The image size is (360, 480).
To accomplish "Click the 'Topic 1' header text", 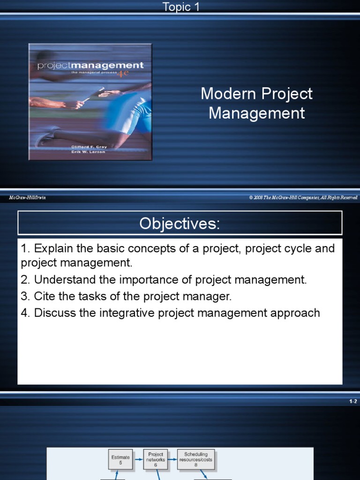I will pyautogui.click(x=180, y=7).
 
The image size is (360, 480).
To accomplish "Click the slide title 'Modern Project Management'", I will pyautogui.click(x=256, y=103).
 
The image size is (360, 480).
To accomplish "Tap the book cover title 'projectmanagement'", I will pyautogui.click(x=90, y=66).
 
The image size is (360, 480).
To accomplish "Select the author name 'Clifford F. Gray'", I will pyautogui.click(x=89, y=147).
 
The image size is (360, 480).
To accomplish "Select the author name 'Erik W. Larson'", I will pyautogui.click(x=89, y=152).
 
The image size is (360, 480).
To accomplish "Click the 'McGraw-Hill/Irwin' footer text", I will pyautogui.click(x=27, y=198).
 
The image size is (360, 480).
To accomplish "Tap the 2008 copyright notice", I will pyautogui.click(x=303, y=198).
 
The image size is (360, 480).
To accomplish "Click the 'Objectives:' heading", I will pyautogui.click(x=180, y=224).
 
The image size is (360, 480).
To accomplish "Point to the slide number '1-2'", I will pyautogui.click(x=353, y=402).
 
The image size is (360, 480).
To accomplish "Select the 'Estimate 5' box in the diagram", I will pyautogui.click(x=120, y=459).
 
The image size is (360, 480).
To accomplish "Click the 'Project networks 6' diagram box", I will pyautogui.click(x=156, y=459).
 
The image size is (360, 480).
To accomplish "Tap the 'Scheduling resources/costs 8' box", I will pyautogui.click(x=196, y=459).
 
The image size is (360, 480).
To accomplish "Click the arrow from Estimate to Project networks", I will pyautogui.click(x=138, y=460).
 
